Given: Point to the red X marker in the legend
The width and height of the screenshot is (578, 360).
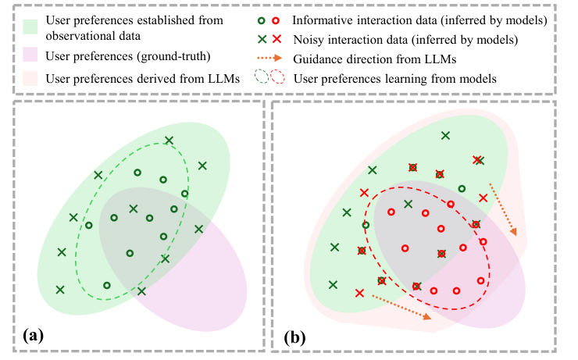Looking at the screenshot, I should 275,36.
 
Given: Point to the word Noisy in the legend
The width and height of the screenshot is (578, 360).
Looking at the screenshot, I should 309,36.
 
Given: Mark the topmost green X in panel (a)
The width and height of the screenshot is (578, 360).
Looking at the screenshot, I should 169,141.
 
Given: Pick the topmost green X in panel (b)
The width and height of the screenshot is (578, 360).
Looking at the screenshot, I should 445,136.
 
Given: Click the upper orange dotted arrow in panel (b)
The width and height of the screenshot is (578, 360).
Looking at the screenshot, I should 502,209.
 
